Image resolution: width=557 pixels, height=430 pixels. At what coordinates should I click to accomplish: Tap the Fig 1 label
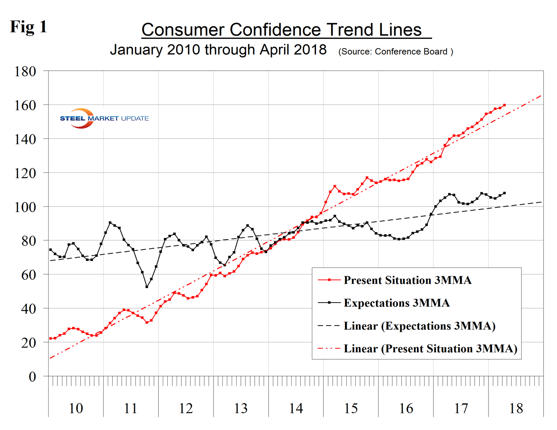pos(28,27)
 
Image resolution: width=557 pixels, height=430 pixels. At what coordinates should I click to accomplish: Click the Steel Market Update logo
pos(104,118)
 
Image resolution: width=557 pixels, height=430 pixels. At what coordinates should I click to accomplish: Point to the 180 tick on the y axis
pos(25,72)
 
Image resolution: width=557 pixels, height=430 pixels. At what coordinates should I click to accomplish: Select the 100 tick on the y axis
pos(25,207)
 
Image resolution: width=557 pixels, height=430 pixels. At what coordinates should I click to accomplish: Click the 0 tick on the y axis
pos(32,377)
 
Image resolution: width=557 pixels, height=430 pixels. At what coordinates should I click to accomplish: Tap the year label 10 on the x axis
pos(76,408)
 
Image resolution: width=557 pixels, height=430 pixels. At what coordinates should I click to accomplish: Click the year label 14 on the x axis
pos(296,408)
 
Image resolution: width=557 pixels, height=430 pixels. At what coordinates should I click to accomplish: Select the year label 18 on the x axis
pos(516,408)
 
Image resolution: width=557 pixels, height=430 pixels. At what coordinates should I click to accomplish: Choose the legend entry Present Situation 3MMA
pos(407,280)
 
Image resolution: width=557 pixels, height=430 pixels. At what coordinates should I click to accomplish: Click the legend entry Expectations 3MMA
pos(396,303)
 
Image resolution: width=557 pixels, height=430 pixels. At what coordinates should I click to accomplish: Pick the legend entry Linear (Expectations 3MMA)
pos(419,326)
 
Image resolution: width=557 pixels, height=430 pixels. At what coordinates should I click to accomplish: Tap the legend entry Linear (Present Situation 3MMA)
pos(430,349)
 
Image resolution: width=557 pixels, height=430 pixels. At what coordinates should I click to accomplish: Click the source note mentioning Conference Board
pos(395,52)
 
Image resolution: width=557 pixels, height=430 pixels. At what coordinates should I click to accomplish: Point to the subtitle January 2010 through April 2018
pos(218,50)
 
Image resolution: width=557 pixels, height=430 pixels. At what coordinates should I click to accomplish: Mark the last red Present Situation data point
pos(504,105)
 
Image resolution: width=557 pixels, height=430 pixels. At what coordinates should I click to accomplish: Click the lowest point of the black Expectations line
pos(147,287)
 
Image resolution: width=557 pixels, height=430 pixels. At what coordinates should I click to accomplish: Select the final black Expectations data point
pos(504,193)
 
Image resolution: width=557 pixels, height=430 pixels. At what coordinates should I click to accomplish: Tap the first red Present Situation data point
pos(50,339)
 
